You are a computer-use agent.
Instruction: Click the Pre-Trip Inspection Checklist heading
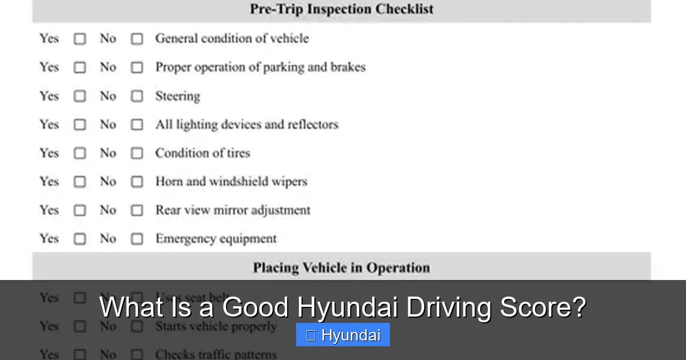(x=341, y=9)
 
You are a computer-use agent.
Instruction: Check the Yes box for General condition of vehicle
(x=79, y=39)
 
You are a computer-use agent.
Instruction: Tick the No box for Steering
(x=137, y=96)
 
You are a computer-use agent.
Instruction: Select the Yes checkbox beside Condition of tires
(x=79, y=153)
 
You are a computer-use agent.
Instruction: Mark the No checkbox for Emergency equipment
(x=137, y=239)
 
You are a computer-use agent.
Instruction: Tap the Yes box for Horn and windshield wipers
(x=79, y=182)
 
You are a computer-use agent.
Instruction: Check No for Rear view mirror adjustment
(x=137, y=210)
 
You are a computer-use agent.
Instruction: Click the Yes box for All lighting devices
(x=79, y=125)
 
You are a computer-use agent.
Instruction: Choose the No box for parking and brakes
(x=137, y=67)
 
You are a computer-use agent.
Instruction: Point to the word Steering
(x=177, y=96)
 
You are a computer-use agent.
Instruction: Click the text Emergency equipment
(x=216, y=239)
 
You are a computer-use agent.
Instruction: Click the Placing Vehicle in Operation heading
(x=341, y=267)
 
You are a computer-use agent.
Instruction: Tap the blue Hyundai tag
(x=342, y=335)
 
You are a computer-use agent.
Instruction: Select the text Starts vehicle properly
(x=216, y=327)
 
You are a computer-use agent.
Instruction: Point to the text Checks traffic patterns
(x=216, y=354)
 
